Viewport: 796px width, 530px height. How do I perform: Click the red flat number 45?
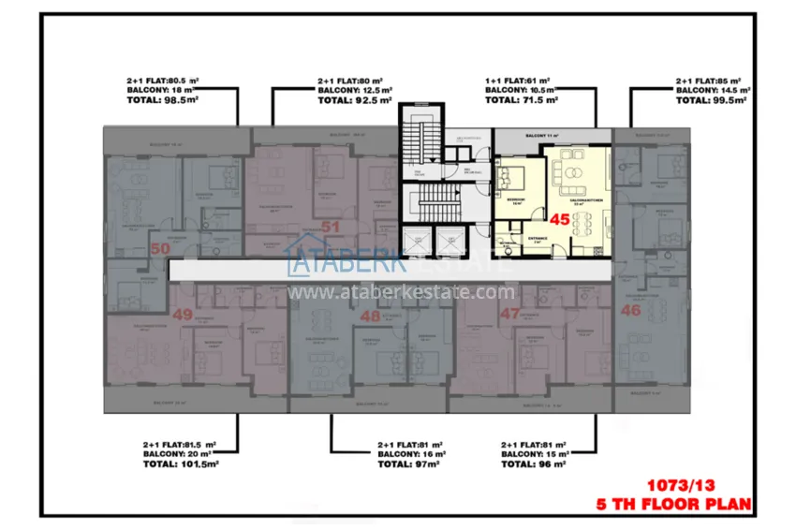click(560, 220)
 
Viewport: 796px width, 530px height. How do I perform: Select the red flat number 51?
click(330, 226)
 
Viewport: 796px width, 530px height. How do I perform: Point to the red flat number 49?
click(182, 315)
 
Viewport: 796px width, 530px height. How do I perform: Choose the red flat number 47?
click(510, 315)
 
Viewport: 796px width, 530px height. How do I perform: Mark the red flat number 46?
click(630, 309)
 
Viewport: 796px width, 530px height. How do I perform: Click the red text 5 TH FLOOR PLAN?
click(674, 504)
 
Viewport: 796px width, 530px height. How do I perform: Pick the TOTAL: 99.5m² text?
click(713, 99)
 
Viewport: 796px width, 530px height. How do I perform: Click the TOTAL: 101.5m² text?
click(181, 464)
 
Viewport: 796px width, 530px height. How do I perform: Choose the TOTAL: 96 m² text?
click(537, 464)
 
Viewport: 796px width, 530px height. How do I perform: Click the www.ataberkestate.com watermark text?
click(397, 291)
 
